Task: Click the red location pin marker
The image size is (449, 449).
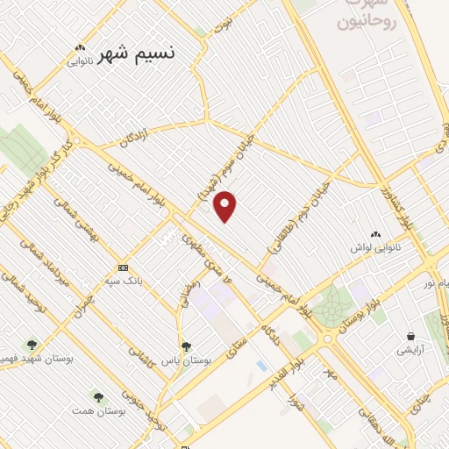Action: [226, 206]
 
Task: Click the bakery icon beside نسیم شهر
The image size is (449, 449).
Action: [80, 48]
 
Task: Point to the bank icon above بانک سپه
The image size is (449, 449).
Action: [122, 267]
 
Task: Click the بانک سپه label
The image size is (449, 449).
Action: [122, 281]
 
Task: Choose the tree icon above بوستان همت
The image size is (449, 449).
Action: [97, 397]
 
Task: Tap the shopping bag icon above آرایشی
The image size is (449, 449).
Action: [410, 336]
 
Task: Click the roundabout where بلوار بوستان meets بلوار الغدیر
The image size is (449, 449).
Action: [328, 339]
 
